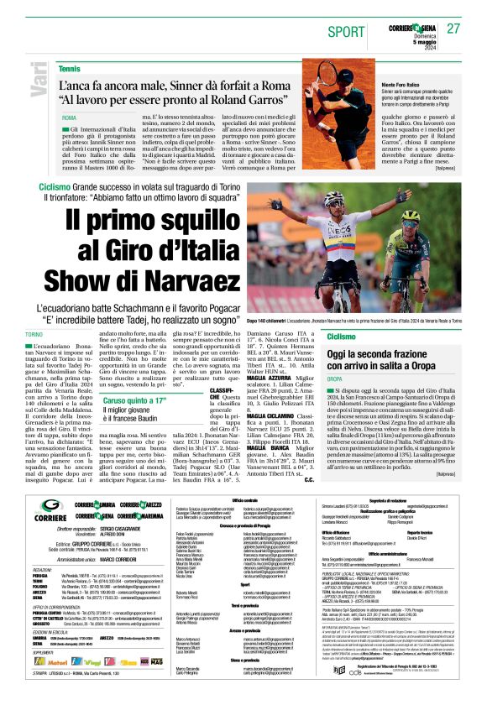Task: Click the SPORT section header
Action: (344, 30)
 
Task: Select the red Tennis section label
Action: (70, 67)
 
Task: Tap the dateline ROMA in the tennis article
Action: (69, 117)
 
